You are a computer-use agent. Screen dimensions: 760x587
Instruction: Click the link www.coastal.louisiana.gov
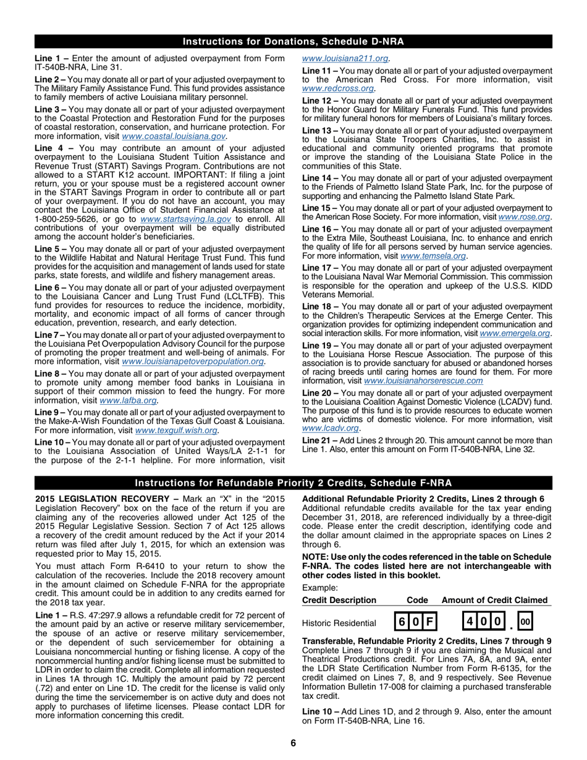coord(174,136)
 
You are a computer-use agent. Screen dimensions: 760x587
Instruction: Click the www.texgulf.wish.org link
coord(176,430)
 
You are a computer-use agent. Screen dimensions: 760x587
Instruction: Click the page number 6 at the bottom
coord(293,743)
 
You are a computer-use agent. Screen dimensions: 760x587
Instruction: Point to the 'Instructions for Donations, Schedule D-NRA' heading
coord(293,42)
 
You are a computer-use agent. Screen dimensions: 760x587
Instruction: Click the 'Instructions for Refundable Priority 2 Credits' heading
coord(293,483)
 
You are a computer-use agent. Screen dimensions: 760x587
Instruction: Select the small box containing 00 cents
coord(524,622)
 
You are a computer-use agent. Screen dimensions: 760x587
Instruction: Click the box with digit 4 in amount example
coord(470,622)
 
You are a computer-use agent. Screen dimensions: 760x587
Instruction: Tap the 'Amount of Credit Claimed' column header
coord(494,600)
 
